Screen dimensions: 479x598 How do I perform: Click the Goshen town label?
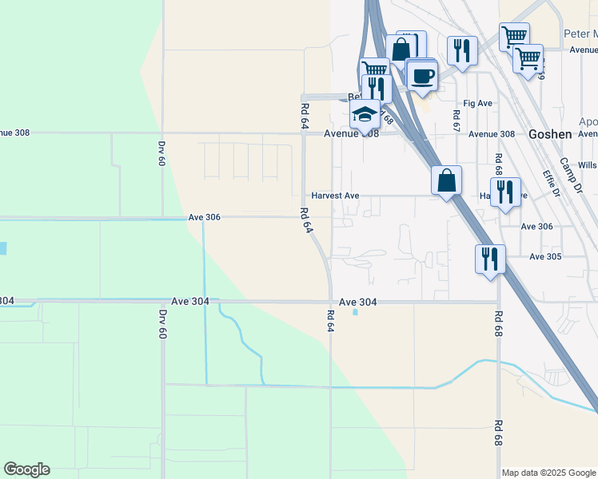pos(550,134)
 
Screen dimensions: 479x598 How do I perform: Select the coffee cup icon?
pos(422,77)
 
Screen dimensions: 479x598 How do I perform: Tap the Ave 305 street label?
pos(546,256)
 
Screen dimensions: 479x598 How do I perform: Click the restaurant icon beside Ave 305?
pos(489,259)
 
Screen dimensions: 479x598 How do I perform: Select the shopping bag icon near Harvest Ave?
pos(446,180)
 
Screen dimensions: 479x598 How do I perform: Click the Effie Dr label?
pos(550,185)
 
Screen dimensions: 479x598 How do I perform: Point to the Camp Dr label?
pos(572,172)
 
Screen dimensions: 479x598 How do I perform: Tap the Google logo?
pos(26,469)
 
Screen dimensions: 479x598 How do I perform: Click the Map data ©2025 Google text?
pos(548,473)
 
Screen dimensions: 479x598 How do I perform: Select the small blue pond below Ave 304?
pos(355,312)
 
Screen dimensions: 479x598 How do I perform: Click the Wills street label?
pos(587,165)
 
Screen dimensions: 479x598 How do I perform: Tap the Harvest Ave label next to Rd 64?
pos(336,196)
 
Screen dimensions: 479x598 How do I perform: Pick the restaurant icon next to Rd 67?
pos(462,50)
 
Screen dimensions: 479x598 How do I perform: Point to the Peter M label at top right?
pos(580,34)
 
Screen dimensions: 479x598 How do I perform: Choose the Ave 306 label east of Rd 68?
pos(536,227)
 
